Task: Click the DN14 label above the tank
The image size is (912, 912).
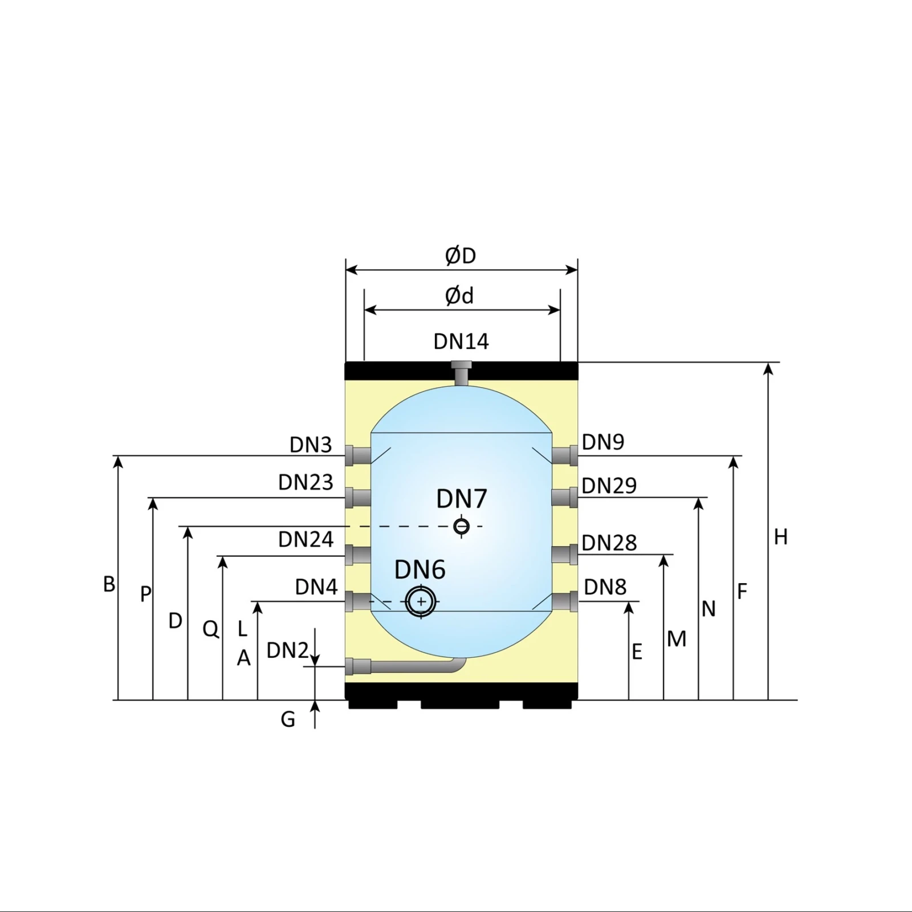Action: pyautogui.click(x=461, y=341)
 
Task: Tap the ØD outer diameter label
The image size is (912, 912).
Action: pyautogui.click(x=461, y=256)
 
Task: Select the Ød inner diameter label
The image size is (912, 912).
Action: pyautogui.click(x=459, y=296)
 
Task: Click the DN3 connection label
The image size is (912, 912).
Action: pyautogui.click(x=311, y=445)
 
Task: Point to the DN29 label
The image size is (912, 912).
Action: pyautogui.click(x=609, y=486)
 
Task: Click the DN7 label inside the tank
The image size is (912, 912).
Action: pyautogui.click(x=462, y=499)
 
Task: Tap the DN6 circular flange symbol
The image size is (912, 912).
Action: pyautogui.click(x=421, y=601)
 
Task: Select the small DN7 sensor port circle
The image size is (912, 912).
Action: pyautogui.click(x=461, y=526)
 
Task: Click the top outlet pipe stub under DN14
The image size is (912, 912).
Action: pyautogui.click(x=461, y=373)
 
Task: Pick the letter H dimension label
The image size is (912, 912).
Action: pyautogui.click(x=781, y=537)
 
